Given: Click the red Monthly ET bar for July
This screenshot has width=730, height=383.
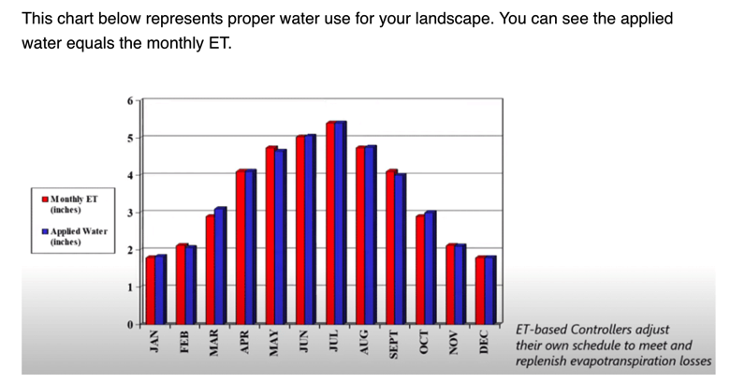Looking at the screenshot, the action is pyautogui.click(x=330, y=223).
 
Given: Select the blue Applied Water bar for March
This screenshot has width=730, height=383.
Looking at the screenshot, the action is pyautogui.click(x=220, y=266).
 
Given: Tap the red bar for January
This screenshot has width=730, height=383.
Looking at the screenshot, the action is pyautogui.click(x=151, y=290).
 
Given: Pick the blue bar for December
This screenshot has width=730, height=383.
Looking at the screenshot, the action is pyautogui.click(x=490, y=290).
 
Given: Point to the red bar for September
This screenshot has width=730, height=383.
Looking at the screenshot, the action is pyautogui.click(x=390, y=247).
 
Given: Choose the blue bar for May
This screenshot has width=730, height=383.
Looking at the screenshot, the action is pyautogui.click(x=280, y=237).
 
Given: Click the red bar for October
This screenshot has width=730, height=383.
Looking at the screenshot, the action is pyautogui.click(x=420, y=270).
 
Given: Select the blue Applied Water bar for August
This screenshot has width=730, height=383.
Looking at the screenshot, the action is pyautogui.click(x=371, y=235).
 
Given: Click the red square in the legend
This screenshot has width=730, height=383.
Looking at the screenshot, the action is pyautogui.click(x=45, y=199).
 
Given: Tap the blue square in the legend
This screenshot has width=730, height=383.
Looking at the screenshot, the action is pyautogui.click(x=45, y=231).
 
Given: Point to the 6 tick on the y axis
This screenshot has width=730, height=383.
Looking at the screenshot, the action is pyautogui.click(x=130, y=100).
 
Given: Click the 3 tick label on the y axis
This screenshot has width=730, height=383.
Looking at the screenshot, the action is pyautogui.click(x=130, y=213).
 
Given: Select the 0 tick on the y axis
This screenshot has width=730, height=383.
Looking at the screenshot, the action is pyautogui.click(x=130, y=325).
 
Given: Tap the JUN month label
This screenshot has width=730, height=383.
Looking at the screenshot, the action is pyautogui.click(x=303, y=342).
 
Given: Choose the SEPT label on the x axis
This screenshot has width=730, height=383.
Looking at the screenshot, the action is pyautogui.click(x=393, y=345).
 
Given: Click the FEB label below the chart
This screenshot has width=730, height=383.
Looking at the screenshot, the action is pyautogui.click(x=183, y=342).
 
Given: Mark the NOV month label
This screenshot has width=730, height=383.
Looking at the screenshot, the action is pyautogui.click(x=454, y=343).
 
